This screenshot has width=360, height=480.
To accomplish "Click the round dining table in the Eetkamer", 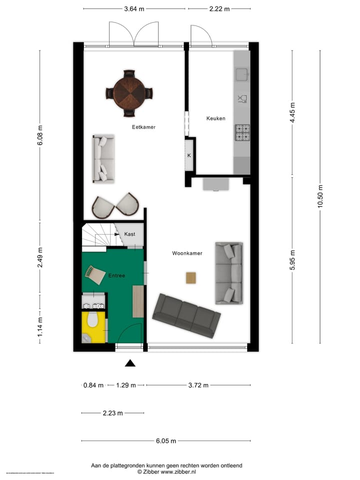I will (129, 93).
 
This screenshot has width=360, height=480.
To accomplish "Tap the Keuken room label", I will (215, 118).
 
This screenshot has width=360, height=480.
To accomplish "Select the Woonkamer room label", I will (187, 253).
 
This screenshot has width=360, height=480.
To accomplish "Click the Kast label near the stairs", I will (129, 234).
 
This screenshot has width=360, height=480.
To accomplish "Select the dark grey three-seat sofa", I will (186, 315).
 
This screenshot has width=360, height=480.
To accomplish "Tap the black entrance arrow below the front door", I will (130, 363).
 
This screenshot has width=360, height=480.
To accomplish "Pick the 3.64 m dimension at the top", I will (134, 8).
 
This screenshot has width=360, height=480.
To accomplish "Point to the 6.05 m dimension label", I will (165, 441).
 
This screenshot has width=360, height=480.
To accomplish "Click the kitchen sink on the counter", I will (242, 74).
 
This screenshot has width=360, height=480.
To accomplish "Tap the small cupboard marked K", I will (189, 155).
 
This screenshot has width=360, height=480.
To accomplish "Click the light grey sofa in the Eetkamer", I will (103, 158).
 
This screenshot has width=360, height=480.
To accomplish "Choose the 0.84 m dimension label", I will (93, 385).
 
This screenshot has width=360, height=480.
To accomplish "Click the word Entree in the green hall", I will (116, 275).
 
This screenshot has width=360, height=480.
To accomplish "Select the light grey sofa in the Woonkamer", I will (229, 273).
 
